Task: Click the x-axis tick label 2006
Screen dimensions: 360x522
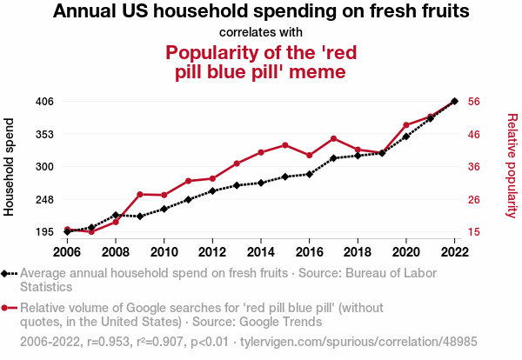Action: pyautogui.click(x=67, y=252)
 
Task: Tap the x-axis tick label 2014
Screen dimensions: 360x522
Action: pyautogui.click(x=261, y=252)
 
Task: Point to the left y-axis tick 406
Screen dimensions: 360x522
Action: pyautogui.click(x=44, y=102)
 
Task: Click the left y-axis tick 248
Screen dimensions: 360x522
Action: pyautogui.click(x=44, y=200)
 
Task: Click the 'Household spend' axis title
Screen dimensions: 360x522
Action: pyautogui.click(x=10, y=166)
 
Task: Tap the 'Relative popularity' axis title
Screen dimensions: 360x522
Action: pyautogui.click(x=512, y=166)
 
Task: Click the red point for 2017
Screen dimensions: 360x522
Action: pyautogui.click(x=334, y=138)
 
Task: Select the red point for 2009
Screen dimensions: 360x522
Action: pyautogui.click(x=140, y=194)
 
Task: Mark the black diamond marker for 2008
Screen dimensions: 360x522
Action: pyautogui.click(x=116, y=215)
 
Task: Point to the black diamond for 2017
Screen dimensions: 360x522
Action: pyautogui.click(x=334, y=158)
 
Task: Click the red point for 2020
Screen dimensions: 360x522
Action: pyautogui.click(x=406, y=125)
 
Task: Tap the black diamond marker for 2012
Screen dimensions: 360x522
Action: pyautogui.click(x=212, y=190)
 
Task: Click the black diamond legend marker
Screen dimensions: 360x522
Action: pyautogui.click(x=7, y=273)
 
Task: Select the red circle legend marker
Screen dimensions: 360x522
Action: pyautogui.click(x=7, y=308)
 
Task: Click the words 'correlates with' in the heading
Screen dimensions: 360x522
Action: pyautogui.click(x=261, y=33)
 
